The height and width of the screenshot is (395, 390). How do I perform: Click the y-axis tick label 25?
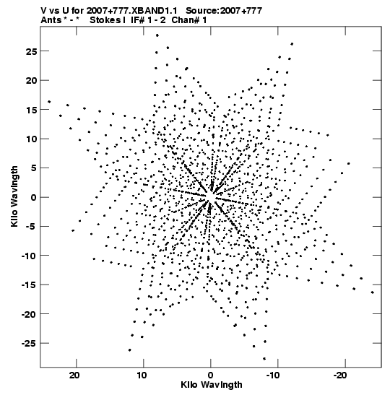31,51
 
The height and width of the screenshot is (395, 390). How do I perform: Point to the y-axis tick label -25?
29,343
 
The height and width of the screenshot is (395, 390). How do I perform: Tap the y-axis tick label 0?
33,198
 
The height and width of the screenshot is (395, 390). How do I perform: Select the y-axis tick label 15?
31,110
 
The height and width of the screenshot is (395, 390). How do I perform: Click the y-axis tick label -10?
29,256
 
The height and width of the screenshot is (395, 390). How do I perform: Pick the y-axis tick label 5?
33,168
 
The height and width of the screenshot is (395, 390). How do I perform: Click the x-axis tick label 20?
74,376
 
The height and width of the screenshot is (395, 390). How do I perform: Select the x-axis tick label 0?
210,376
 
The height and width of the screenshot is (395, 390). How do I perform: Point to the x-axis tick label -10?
273,376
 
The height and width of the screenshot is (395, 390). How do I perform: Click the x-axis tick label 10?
142,376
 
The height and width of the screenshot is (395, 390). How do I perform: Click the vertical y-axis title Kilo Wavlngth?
14,196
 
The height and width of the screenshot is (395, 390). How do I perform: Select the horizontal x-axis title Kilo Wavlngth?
212,385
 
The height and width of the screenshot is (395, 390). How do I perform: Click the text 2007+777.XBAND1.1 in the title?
131,11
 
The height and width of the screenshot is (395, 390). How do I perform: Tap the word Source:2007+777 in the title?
224,11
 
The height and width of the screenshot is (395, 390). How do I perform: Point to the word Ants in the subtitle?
51,20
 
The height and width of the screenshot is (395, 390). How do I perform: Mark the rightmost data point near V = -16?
373,292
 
